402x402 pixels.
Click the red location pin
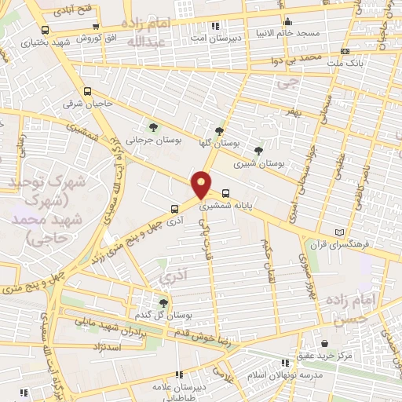click(x=202, y=184)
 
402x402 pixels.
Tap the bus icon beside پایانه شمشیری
click(x=226, y=192)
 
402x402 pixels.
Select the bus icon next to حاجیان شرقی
click(x=87, y=90)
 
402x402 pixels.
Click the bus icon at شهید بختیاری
click(x=44, y=31)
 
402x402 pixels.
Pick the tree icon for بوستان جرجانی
click(x=153, y=126)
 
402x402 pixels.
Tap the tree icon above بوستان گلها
click(x=219, y=132)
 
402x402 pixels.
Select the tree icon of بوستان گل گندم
click(x=163, y=302)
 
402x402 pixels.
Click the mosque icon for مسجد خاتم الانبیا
click(x=287, y=21)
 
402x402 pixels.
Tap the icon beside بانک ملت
click(x=343, y=52)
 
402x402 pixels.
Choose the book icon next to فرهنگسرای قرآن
click(x=339, y=233)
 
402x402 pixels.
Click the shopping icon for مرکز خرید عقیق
click(x=323, y=343)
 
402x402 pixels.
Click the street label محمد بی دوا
click(x=293, y=59)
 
